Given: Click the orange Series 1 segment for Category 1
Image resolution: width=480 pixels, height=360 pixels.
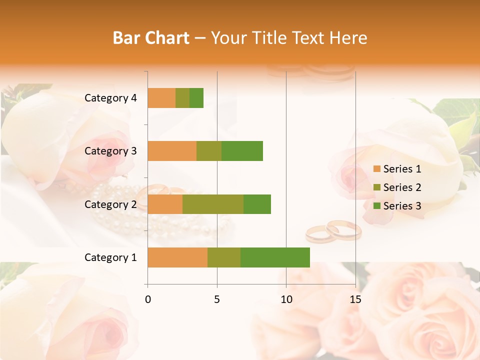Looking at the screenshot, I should point(177,257).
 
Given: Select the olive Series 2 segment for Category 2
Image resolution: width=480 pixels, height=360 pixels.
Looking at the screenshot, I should point(213,204).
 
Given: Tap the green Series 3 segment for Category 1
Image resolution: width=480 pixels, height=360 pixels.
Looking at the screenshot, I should point(275,257).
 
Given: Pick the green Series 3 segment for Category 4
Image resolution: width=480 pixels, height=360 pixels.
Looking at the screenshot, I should point(196,98).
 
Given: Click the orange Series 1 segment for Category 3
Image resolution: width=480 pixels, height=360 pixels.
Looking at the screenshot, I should point(172,151).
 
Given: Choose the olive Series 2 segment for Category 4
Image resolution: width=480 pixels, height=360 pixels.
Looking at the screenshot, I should point(182,98).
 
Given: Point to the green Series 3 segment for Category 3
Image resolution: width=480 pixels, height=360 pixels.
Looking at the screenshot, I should point(242,151).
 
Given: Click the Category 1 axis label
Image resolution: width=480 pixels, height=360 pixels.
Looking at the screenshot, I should point(110,257).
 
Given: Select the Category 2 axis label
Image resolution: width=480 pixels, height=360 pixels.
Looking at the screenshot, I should point(110,204).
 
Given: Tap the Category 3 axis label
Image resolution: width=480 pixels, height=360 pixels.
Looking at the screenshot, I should point(110,151).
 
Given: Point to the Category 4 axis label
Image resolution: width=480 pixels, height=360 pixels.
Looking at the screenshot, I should point(110,98).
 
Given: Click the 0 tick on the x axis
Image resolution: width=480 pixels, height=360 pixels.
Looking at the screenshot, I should point(148,299).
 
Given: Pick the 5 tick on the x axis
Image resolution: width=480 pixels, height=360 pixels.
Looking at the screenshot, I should point(217,299).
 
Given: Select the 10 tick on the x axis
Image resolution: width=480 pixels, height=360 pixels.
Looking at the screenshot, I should point(286,299).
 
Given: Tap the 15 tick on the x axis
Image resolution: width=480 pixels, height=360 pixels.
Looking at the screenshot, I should point(355,299).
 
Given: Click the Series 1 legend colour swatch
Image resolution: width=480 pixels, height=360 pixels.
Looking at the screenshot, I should point(376,169).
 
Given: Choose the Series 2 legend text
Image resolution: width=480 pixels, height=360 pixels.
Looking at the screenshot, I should point(402,187).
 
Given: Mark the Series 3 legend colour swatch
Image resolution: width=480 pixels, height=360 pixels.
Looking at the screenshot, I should point(376,206).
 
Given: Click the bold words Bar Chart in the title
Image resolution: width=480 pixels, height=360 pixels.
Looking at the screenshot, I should point(151,38).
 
